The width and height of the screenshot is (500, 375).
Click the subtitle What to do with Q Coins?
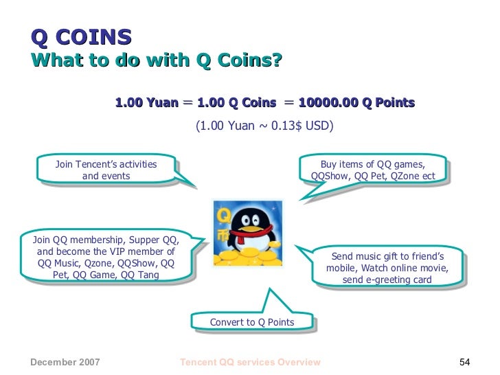point(157,61)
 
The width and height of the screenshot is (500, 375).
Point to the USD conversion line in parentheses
point(264,126)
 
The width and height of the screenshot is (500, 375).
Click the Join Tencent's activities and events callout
point(106,170)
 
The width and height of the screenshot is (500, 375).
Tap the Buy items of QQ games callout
point(373,170)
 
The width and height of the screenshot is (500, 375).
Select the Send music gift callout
point(387,268)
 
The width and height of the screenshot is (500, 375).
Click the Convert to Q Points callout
point(252,322)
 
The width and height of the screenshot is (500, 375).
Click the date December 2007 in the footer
point(65,362)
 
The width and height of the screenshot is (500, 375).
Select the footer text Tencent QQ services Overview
point(249,362)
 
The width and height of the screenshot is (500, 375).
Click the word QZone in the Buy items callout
point(401,176)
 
